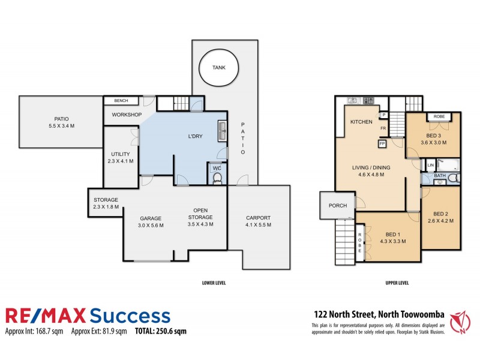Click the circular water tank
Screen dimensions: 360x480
pos(219,67)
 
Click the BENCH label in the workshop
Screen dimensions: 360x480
pos(121,100)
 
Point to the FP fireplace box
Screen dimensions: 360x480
pos(382,144)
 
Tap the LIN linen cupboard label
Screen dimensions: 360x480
pos(430,165)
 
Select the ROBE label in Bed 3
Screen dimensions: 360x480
pos(439,116)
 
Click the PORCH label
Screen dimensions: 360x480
pos(338,206)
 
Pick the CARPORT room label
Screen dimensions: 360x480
pos(259,218)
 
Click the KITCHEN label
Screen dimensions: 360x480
pos(362,122)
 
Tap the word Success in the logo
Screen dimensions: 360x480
pos(130,316)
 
